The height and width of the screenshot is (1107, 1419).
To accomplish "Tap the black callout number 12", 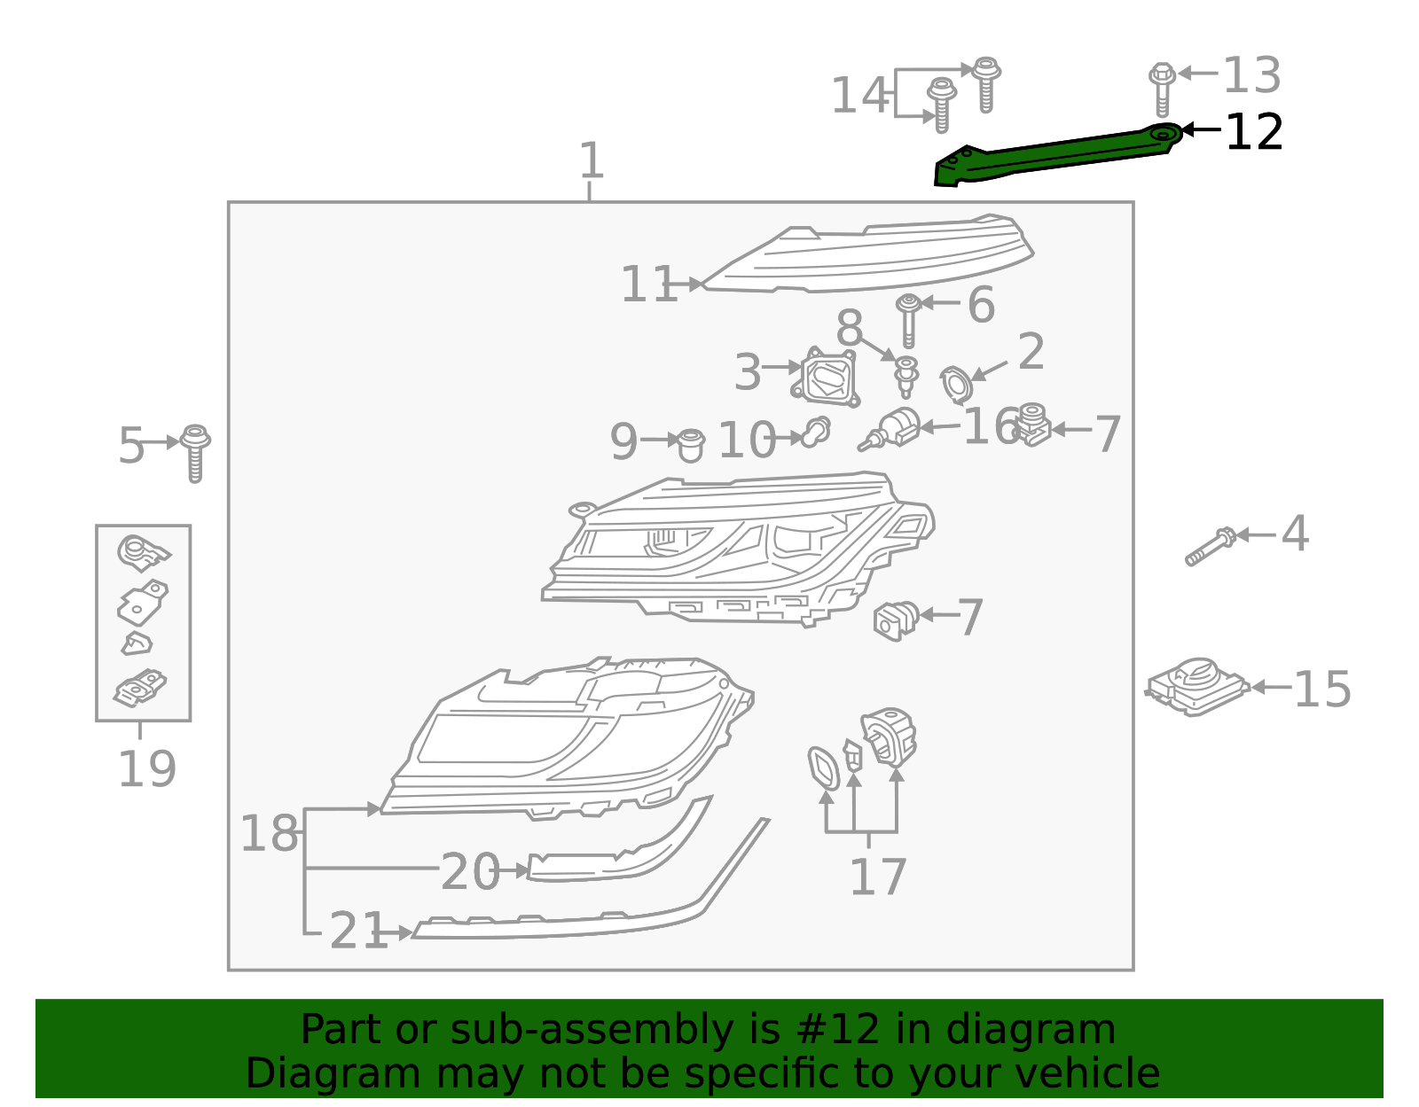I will click(x=1253, y=132).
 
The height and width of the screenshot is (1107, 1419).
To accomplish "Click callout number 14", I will click(x=858, y=95).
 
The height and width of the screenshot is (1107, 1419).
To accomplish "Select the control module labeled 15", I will click(x=1196, y=687).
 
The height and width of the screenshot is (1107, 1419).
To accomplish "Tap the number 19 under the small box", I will click(x=146, y=768).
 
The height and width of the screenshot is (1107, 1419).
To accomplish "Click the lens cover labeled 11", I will click(x=869, y=257).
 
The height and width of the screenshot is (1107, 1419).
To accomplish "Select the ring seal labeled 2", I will click(x=956, y=385).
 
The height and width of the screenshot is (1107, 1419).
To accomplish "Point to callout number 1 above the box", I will click(x=591, y=160).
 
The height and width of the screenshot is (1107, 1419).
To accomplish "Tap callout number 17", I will click(x=877, y=877).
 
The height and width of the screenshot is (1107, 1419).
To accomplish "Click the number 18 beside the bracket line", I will click(x=269, y=833).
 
